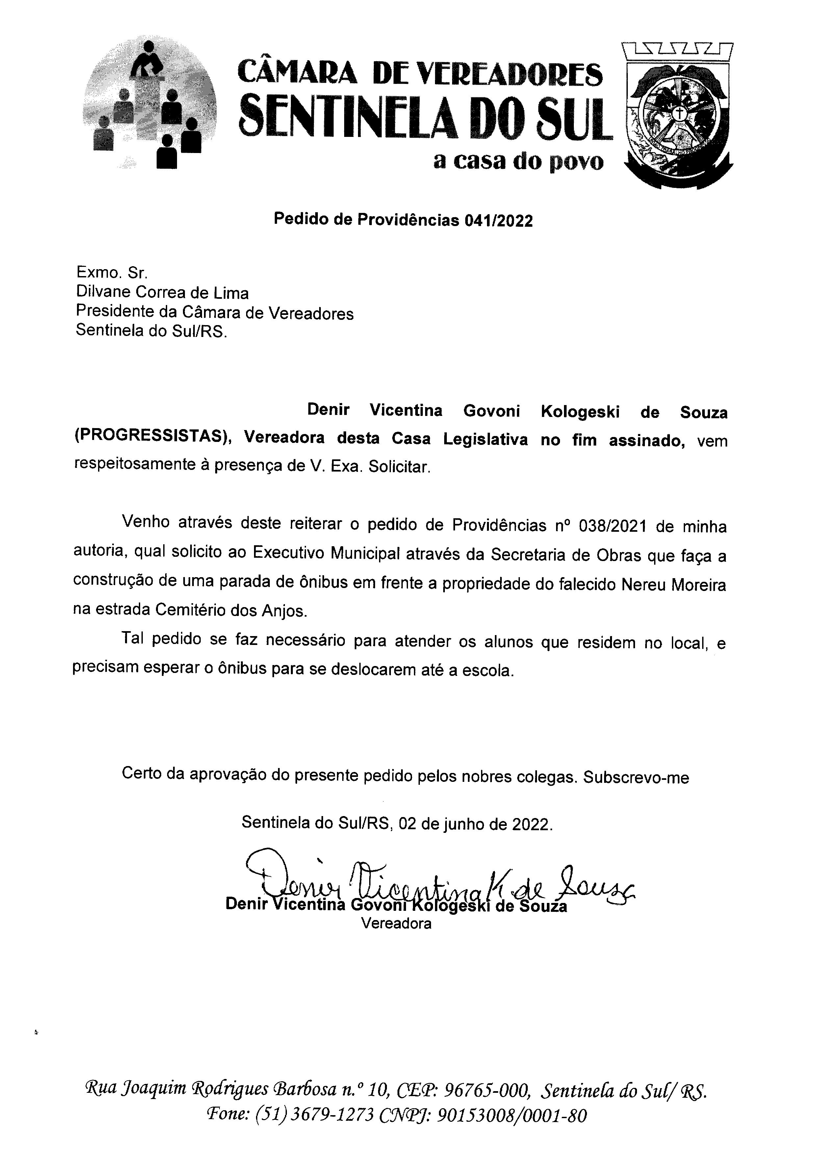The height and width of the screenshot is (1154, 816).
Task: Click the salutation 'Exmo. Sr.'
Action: click(x=112, y=272)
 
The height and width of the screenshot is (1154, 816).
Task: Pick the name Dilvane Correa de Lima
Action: click(x=162, y=293)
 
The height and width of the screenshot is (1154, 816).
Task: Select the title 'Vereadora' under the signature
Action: click(x=396, y=923)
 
